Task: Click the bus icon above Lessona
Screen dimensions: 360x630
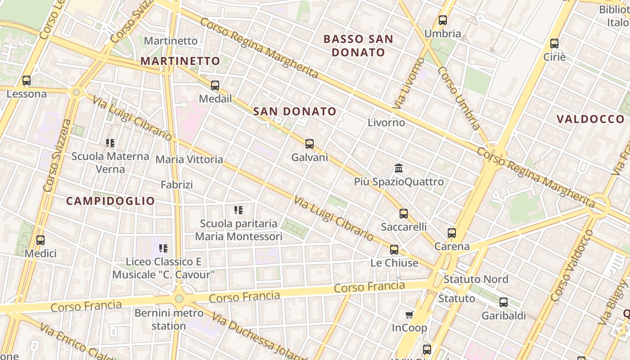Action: click(x=27, y=81)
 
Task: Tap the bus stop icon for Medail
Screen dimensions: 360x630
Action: click(x=215, y=85)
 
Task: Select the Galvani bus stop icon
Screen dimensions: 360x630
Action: click(x=310, y=144)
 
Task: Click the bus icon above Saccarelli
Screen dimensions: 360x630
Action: click(x=404, y=213)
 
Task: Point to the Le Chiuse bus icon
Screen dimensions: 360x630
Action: click(x=394, y=249)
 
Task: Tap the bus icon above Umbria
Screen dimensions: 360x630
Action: click(x=443, y=20)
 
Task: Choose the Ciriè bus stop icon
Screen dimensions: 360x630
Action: click(x=554, y=44)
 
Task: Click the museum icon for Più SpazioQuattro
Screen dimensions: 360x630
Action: click(x=399, y=168)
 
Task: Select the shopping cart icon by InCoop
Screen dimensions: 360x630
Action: click(x=409, y=315)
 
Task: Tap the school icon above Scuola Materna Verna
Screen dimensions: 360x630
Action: click(x=110, y=143)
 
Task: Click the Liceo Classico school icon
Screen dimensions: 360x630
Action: click(x=163, y=248)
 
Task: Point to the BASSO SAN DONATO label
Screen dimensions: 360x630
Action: click(x=359, y=45)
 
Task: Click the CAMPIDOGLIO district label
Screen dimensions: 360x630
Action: click(x=111, y=201)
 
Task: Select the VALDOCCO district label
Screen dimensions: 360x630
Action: click(x=590, y=119)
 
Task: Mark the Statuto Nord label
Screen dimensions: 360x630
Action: click(x=476, y=279)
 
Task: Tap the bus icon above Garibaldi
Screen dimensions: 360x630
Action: click(x=504, y=302)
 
